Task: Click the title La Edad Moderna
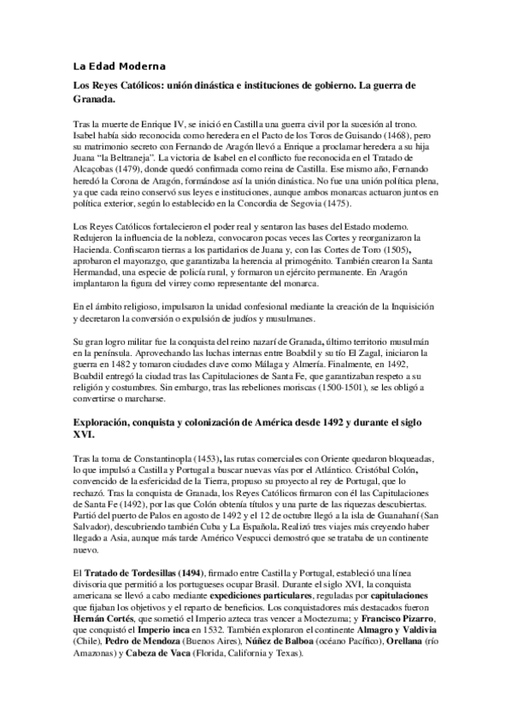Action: click(118, 66)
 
